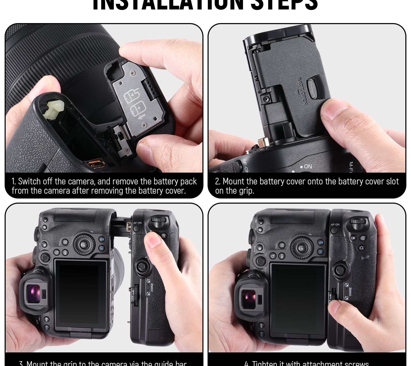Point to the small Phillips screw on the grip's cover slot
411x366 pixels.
pos(266,98)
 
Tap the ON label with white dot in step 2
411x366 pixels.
pos(306,166)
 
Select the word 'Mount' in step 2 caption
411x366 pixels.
pos(233,181)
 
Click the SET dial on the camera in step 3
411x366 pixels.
pos(84,244)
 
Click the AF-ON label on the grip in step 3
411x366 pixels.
pos(137,223)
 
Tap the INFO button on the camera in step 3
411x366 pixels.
pos(66,252)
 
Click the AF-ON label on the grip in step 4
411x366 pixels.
pos(335,224)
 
